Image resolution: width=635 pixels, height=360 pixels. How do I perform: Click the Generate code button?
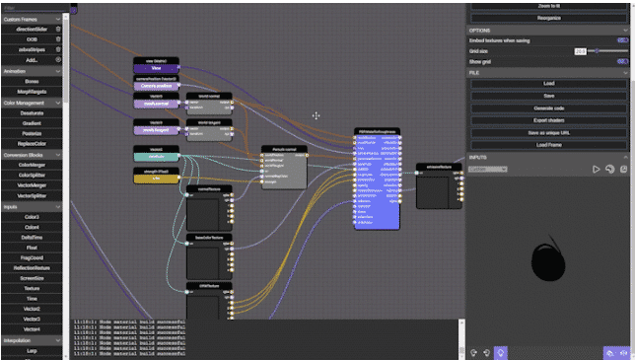click(548, 108)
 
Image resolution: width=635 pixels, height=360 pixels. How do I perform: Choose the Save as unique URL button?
click(548, 132)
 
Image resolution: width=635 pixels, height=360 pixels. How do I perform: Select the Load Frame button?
click(548, 144)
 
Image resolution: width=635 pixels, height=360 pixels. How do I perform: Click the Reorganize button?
click(548, 19)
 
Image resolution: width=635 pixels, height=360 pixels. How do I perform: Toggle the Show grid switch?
click(622, 60)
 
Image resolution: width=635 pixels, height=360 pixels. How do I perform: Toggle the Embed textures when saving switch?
click(622, 40)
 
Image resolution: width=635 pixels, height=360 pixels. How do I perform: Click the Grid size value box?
click(580, 50)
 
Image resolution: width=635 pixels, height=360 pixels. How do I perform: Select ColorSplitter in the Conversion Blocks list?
click(34, 175)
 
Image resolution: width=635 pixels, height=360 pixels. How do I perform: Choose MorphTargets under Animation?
click(34, 91)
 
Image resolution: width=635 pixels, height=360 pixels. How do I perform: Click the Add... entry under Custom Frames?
click(34, 59)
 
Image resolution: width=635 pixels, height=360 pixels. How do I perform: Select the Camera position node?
click(156, 85)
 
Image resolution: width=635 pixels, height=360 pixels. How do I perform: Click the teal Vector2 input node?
click(156, 155)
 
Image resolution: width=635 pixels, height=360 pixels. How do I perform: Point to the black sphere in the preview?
click(547, 261)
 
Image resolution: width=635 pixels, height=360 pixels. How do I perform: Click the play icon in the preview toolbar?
click(597, 170)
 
